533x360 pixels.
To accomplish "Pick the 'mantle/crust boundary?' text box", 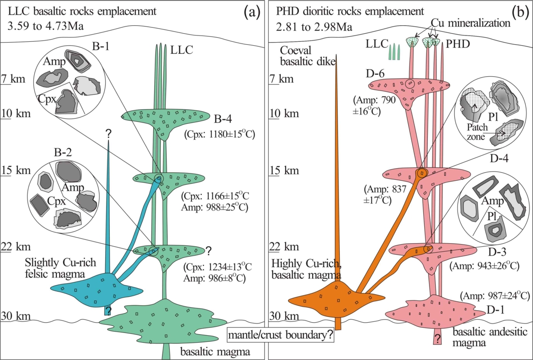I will point(281,335).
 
